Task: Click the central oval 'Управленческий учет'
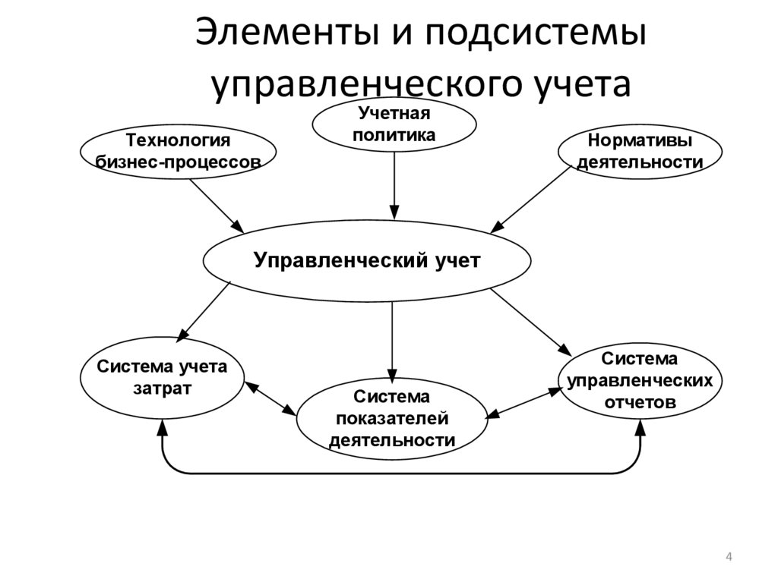tap(367, 261)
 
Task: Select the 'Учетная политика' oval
tap(394, 124)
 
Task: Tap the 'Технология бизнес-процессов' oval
tap(178, 151)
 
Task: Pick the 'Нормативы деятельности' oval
tap(640, 151)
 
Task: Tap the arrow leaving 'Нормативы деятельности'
tap(532, 199)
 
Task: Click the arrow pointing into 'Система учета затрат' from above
tap(204, 311)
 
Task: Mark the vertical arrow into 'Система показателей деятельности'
tap(392, 341)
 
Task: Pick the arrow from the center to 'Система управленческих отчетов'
tap(532, 322)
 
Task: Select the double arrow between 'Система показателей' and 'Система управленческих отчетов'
tap(523, 401)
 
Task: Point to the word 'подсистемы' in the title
tap(533, 36)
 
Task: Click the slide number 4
tap(729, 558)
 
